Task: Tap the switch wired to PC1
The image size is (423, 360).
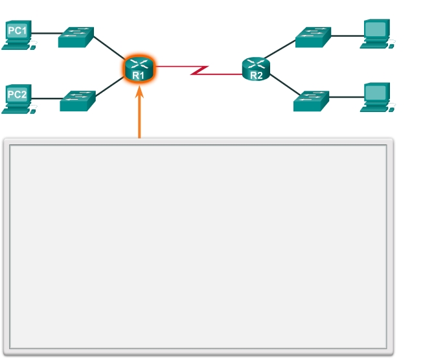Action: coord(76,37)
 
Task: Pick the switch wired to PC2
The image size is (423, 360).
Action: coord(78,101)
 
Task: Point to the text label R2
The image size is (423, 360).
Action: coord(257,75)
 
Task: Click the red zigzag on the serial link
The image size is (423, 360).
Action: coord(199,69)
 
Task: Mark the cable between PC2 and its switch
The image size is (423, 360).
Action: coord(47,98)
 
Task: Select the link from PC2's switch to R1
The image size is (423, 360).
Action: coord(110,87)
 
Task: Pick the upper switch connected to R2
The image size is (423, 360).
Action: coord(313,37)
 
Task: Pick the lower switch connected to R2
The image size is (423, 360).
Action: coord(311,100)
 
